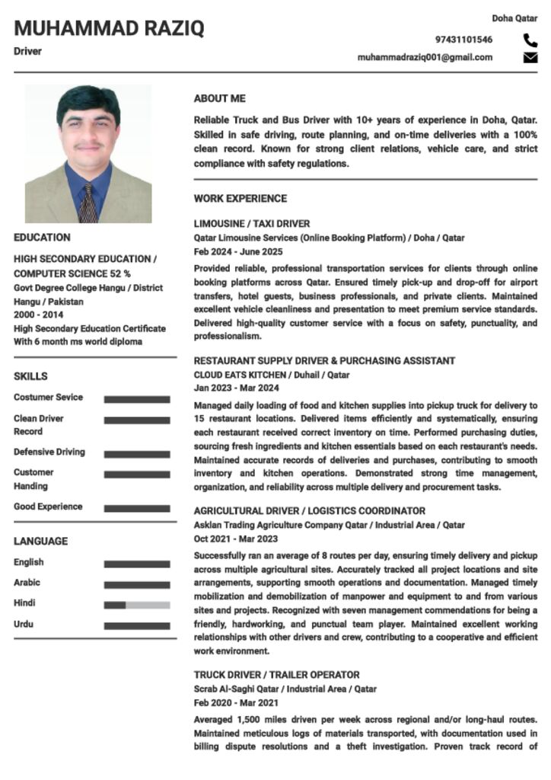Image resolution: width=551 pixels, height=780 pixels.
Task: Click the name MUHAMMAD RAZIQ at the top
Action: point(109,29)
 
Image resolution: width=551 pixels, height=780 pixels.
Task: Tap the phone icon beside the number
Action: point(530,40)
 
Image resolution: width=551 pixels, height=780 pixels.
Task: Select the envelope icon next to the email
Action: point(530,57)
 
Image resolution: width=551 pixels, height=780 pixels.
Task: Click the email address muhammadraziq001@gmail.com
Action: point(425,57)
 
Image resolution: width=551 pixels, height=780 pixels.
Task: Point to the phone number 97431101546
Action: point(463,40)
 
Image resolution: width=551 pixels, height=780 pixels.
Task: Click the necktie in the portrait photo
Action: point(88,203)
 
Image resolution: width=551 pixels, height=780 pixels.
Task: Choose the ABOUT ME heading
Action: point(219,99)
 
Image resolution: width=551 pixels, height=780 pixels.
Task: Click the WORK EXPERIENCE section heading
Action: point(240,199)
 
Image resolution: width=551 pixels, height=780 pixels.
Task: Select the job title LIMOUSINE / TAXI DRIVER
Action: point(251,224)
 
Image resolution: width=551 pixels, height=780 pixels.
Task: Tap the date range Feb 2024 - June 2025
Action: point(237,251)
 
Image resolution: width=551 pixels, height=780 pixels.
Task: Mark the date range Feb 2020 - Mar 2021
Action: point(235,703)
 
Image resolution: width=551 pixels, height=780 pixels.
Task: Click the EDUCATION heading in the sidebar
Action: point(42,238)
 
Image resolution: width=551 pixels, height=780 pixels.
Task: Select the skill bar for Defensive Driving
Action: point(137,454)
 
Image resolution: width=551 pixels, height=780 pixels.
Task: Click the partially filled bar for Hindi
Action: point(137,605)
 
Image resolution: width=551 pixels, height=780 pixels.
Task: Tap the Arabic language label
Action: point(27,583)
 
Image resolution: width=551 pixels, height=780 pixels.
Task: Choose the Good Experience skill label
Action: point(48,507)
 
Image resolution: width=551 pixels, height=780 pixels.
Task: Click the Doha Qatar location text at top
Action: point(514,18)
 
